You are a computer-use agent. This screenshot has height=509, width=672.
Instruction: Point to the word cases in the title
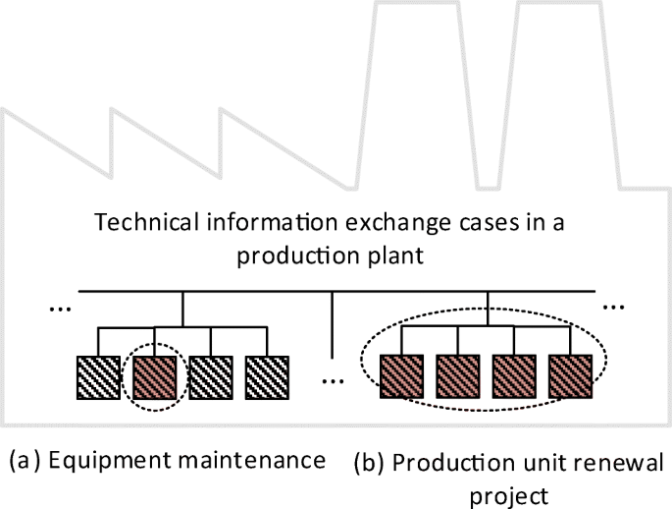[x=488, y=221]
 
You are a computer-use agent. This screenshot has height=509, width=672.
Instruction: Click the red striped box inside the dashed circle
[x=153, y=374]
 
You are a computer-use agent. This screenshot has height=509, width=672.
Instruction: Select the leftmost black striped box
[x=97, y=374]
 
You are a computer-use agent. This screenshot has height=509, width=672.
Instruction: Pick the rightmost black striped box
[x=267, y=374]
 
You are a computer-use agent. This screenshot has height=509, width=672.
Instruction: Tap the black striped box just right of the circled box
[x=210, y=374]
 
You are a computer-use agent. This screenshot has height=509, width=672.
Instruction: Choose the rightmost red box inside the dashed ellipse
[x=571, y=374]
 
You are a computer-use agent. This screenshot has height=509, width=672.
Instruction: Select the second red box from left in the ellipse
[x=457, y=374]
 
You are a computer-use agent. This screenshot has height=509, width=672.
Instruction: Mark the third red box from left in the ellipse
[x=514, y=374]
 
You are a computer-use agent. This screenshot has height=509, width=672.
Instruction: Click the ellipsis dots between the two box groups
[x=334, y=378]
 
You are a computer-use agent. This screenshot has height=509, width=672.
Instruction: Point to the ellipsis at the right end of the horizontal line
[x=613, y=306]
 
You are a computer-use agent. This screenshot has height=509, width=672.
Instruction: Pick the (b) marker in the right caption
[x=370, y=462]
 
